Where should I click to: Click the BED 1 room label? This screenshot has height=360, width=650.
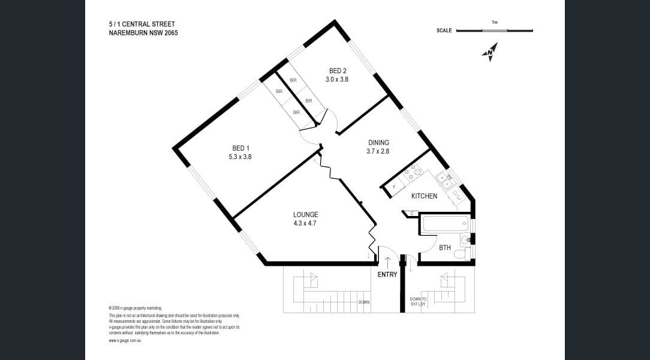point(240,148)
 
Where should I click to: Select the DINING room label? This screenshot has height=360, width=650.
point(378,143)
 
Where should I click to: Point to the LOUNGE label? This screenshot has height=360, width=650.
point(305,215)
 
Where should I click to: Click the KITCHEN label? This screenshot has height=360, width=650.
point(424,196)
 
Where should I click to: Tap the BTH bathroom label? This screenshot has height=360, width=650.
point(444,247)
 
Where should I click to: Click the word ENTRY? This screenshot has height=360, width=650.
point(387,275)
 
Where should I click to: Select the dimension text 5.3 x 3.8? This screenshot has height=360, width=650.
point(240,157)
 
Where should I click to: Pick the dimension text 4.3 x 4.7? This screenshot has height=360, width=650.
point(305,223)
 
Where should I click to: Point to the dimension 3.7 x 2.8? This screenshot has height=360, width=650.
point(378,151)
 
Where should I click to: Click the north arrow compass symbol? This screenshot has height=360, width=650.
point(490,52)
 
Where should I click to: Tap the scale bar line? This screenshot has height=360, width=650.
point(494,30)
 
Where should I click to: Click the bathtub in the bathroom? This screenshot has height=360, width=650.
point(446,224)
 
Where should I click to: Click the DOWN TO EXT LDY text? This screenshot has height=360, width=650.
point(418,301)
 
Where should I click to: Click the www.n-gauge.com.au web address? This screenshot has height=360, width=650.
point(125,340)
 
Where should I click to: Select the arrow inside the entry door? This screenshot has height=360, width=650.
point(387,262)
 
